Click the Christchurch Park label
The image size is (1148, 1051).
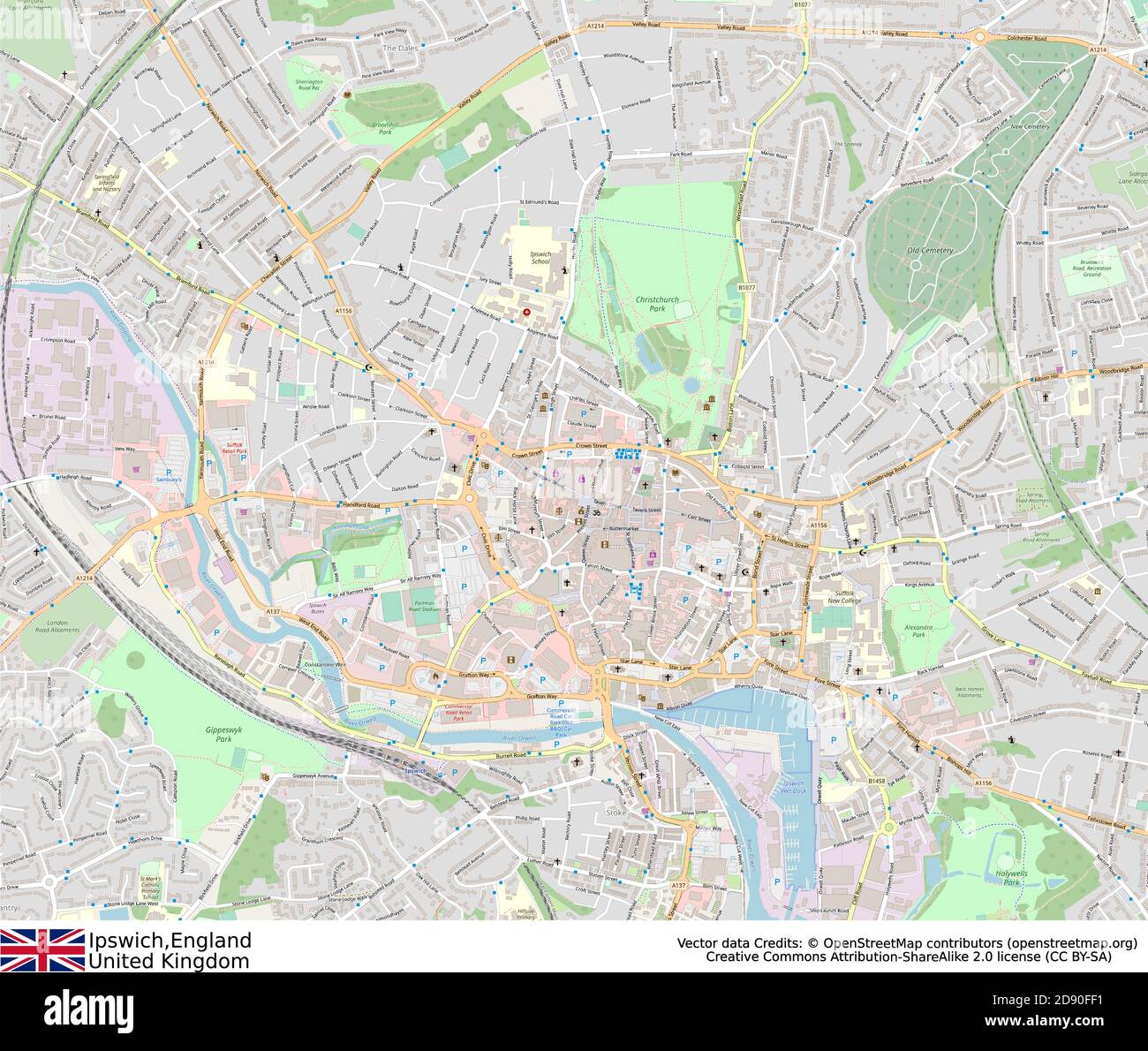coord(657,305)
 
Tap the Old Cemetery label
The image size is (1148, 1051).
coord(930,250)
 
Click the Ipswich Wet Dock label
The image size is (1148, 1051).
coord(794,789)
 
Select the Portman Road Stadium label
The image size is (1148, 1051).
coord(426,607)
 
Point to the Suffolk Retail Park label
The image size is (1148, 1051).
coord(234,448)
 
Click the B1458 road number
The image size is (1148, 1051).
coord(875,781)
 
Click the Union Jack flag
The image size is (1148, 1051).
coord(42,949)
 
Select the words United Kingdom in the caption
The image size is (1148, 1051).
coord(168,961)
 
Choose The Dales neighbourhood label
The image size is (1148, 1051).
coord(399,48)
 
